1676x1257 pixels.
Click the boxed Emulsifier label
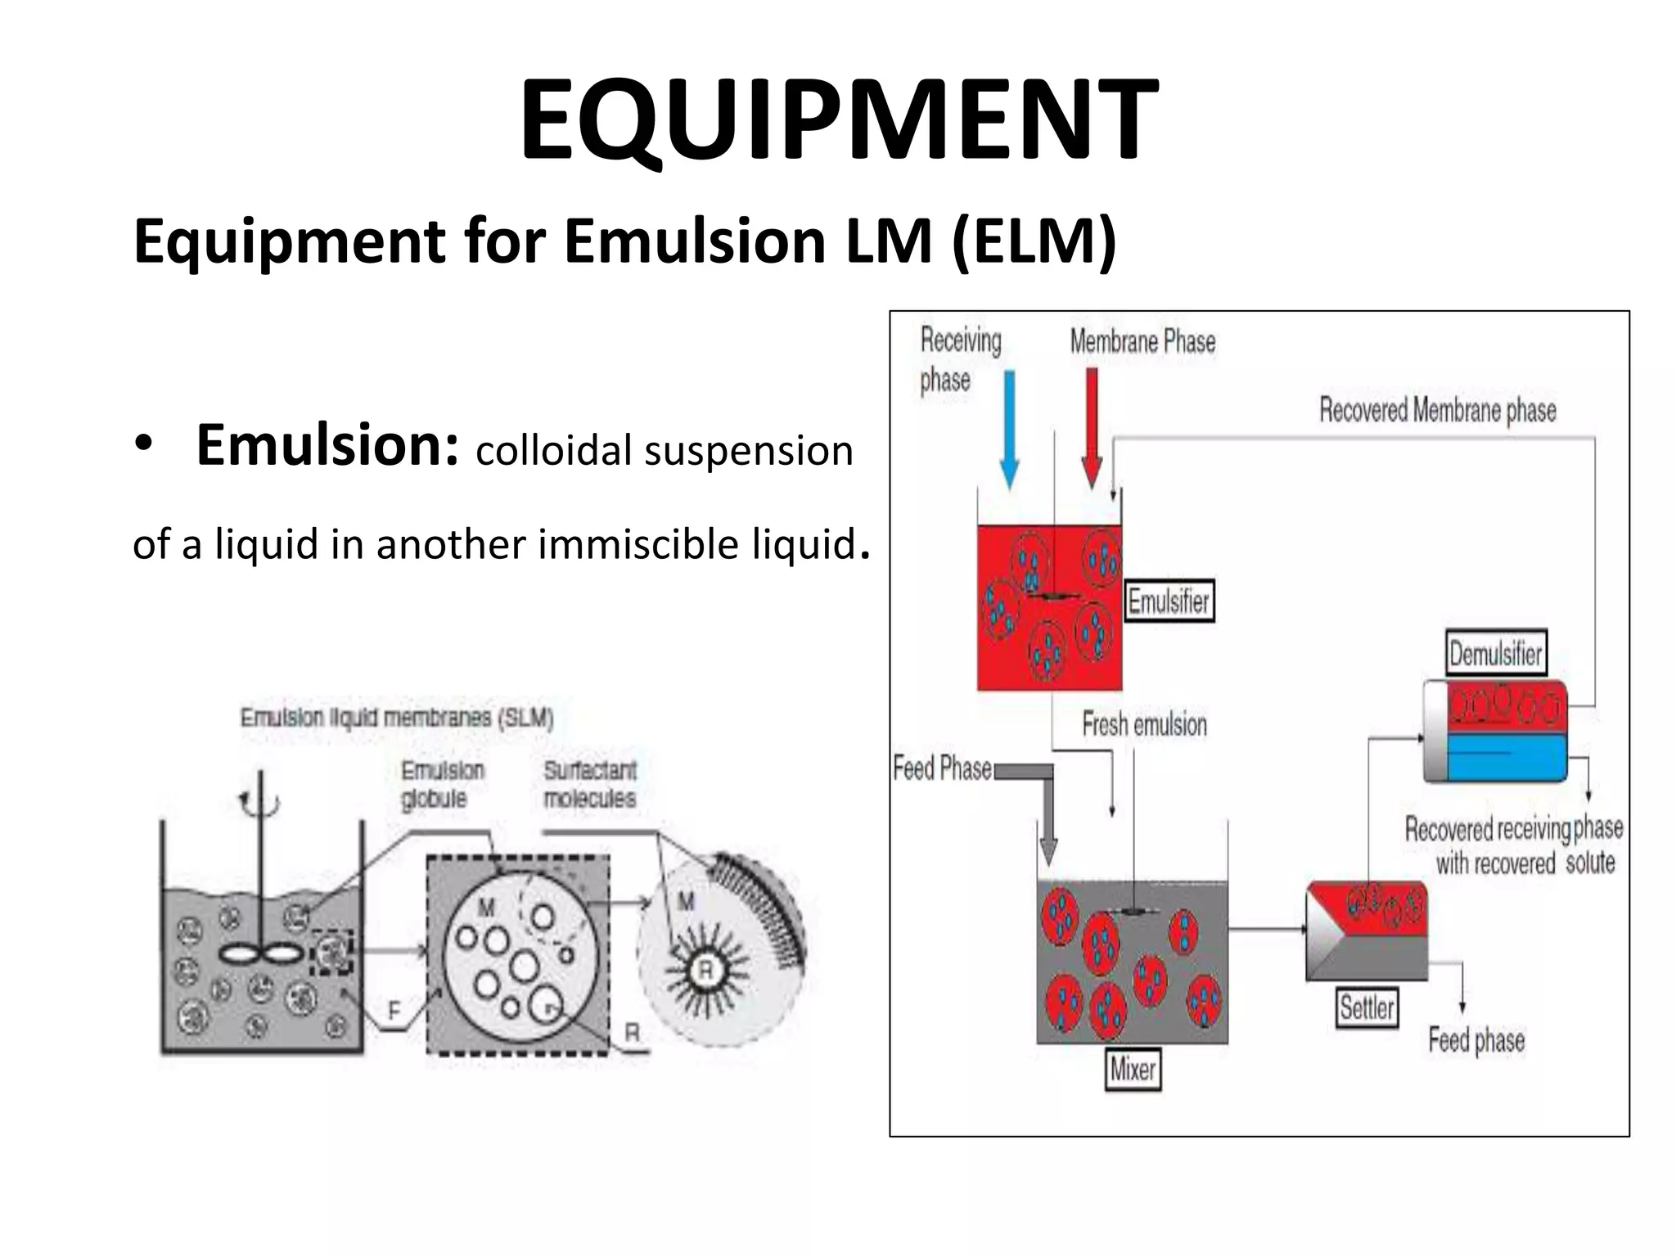(x=1169, y=602)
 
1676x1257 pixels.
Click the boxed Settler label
(x=1366, y=1007)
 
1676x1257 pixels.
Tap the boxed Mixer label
(x=1133, y=1069)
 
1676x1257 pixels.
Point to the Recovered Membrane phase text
(x=1437, y=410)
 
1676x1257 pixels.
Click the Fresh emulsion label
(x=1144, y=725)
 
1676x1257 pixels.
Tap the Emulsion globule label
(x=442, y=784)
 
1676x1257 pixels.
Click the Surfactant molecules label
(x=589, y=784)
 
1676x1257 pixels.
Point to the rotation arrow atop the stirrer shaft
(x=259, y=804)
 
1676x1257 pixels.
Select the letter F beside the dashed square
(x=394, y=1011)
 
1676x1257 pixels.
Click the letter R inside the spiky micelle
(x=704, y=971)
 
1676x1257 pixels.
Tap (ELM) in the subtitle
(x=1033, y=242)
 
